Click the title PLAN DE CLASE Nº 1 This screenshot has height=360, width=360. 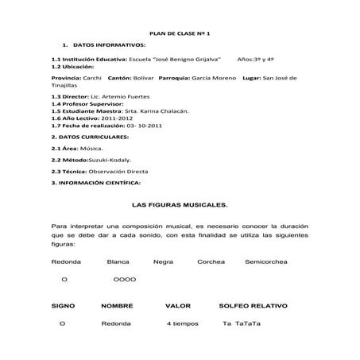coord(180,33)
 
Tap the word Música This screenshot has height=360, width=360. coord(91,148)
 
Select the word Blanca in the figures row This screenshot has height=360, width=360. coord(118,261)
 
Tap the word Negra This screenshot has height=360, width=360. coord(163,261)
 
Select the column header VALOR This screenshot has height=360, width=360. coord(178,305)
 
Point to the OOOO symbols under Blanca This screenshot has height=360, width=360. coord(125,280)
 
